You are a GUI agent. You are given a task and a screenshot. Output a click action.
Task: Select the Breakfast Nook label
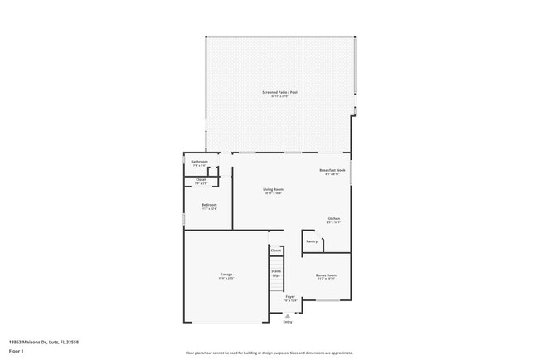(x=332, y=170)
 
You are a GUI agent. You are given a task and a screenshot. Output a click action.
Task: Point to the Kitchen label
(x=333, y=218)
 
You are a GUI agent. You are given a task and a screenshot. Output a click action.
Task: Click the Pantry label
(x=312, y=241)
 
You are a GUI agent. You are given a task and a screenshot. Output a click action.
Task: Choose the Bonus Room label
(x=326, y=275)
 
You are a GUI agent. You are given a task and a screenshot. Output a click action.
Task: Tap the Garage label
(x=226, y=274)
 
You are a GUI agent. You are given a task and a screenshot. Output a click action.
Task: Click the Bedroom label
(x=209, y=205)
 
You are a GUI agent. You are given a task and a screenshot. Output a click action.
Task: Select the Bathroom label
(x=199, y=162)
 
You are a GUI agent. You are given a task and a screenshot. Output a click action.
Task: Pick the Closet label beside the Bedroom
(x=201, y=179)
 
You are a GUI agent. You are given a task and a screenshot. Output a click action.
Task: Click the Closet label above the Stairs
(x=276, y=249)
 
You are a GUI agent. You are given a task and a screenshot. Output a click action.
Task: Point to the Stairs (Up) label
(x=276, y=272)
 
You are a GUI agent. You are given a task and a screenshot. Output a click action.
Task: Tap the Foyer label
(x=290, y=296)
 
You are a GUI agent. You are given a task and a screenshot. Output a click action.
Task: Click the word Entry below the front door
(x=288, y=322)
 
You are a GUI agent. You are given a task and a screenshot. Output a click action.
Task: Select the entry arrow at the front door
(x=288, y=315)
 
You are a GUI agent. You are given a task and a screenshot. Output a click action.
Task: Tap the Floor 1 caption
(x=17, y=351)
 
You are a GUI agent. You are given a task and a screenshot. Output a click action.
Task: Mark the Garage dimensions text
(x=226, y=279)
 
